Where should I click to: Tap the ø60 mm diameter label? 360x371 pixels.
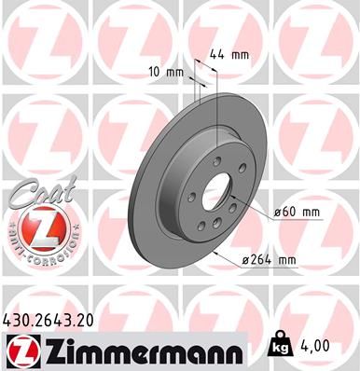pos(298,213)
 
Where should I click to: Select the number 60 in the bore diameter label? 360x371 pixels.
pos(288,213)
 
